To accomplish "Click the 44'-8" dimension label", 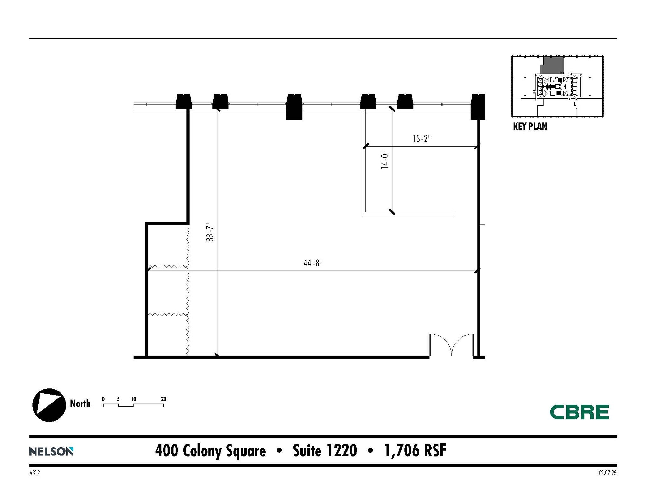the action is (312, 263).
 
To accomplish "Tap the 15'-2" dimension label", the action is (421, 139).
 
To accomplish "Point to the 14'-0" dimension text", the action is (385, 160).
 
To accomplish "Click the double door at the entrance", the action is (451, 345).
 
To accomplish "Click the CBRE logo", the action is (579, 412).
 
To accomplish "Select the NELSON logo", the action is (51, 451).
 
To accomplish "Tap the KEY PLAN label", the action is (530, 127).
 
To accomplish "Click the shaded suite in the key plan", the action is (552, 65).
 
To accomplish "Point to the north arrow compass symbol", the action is (49, 405).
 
